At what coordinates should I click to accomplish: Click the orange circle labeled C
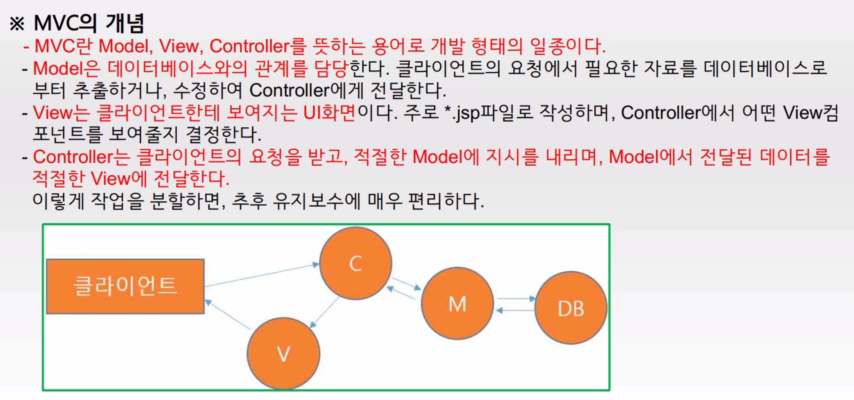[x=356, y=263]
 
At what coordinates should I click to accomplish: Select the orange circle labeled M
[x=457, y=304]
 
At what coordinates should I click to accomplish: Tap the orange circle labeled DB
[x=571, y=308]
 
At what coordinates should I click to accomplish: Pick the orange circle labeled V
[x=283, y=354]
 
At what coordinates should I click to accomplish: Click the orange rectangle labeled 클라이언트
[x=125, y=286]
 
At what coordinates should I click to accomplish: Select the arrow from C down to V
[x=324, y=313]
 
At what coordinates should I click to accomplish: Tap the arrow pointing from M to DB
[x=515, y=298]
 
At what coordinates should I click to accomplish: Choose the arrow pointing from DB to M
[x=515, y=310]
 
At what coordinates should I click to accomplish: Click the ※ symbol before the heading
[x=17, y=24]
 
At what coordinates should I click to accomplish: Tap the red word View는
[x=61, y=113]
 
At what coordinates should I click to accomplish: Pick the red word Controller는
[x=81, y=157]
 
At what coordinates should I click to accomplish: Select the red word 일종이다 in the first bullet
[x=567, y=46]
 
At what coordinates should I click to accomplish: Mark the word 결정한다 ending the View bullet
[x=223, y=135]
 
